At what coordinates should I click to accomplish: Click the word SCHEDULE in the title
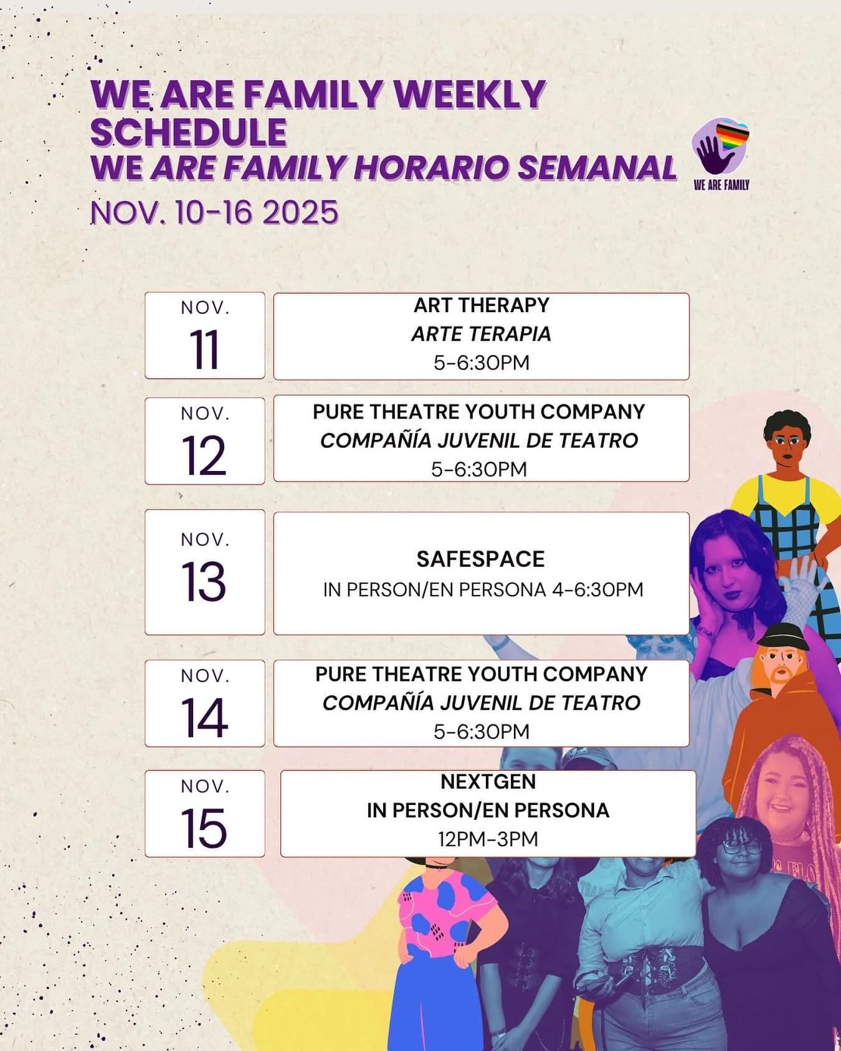189,132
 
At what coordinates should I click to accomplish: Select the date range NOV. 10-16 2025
214,213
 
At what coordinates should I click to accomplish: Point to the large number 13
204,582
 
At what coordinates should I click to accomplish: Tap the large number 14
204,718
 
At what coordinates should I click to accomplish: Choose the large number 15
204,829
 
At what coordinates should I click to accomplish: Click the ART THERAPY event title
482,305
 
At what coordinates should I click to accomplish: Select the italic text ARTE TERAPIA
482,334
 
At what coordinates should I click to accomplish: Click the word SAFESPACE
480,559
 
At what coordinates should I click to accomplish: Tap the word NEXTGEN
488,781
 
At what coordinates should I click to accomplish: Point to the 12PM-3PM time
488,839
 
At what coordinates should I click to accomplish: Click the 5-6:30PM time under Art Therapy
482,363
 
